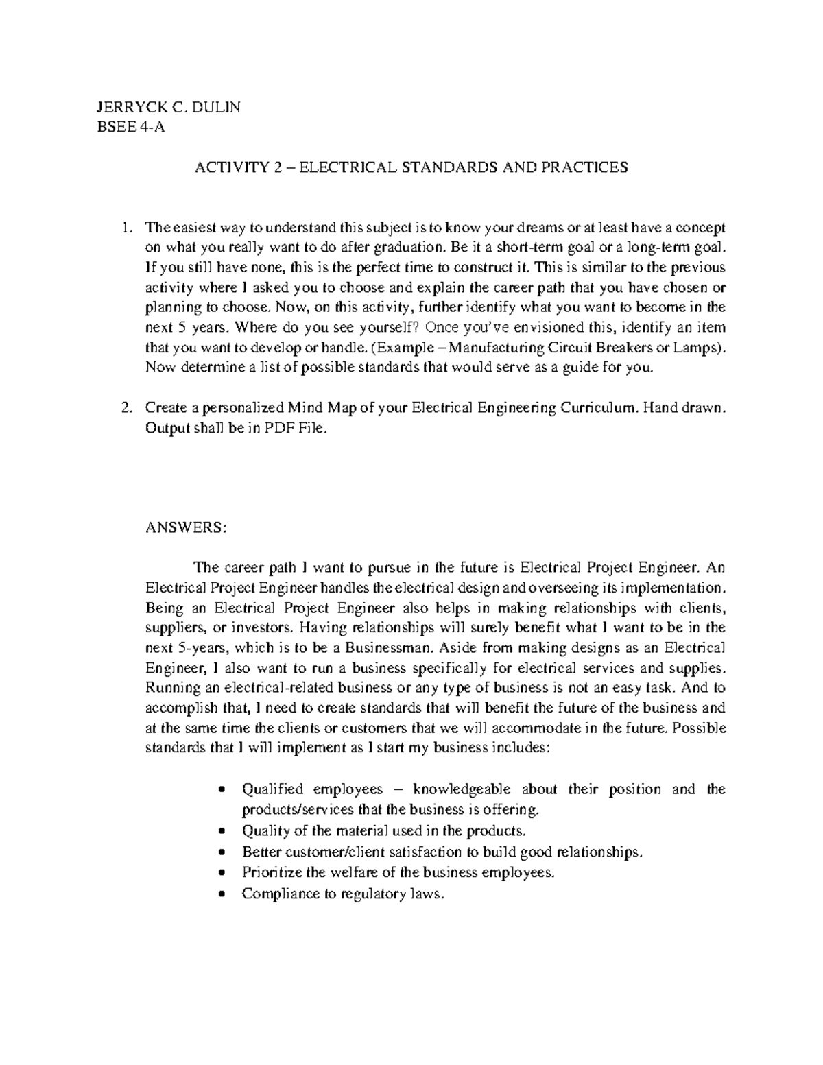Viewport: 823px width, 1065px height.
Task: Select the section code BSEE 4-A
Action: [131, 128]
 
